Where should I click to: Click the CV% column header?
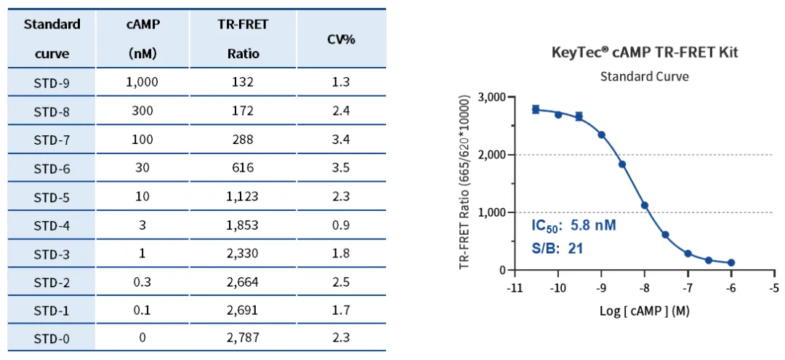click(341, 39)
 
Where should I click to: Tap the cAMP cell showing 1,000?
click(142, 82)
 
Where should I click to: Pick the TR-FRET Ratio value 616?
click(243, 168)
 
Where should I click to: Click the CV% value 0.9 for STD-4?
click(341, 225)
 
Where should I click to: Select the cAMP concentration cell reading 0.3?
click(142, 281)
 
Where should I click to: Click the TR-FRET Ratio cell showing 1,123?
click(243, 196)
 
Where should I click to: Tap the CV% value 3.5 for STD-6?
click(341, 168)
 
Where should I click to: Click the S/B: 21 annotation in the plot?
click(557, 248)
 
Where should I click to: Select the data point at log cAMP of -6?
click(730, 263)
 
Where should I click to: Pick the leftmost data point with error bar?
click(536, 109)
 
